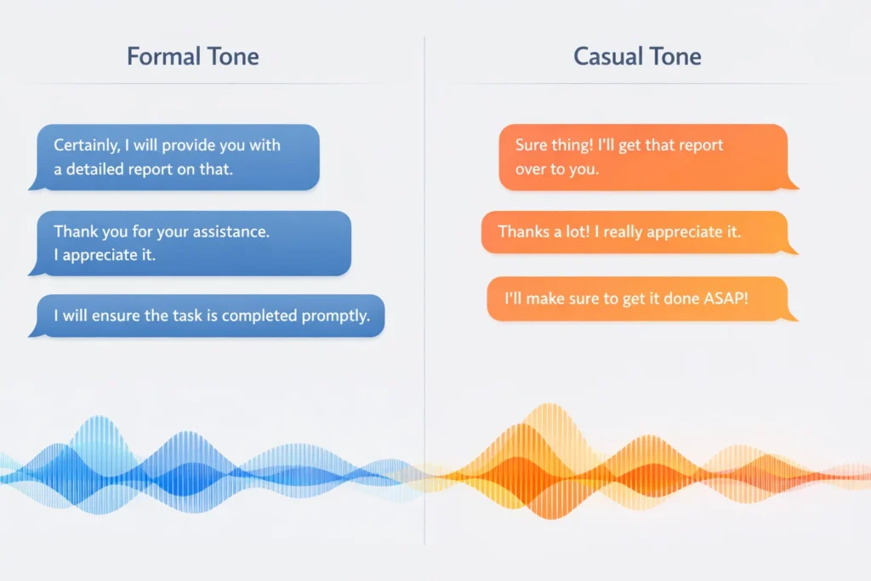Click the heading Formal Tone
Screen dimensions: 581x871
(x=193, y=57)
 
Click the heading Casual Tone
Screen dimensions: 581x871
(x=637, y=57)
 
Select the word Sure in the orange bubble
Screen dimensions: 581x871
(x=532, y=145)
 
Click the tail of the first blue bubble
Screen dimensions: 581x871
(x=34, y=185)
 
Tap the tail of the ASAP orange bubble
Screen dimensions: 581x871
(x=790, y=316)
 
